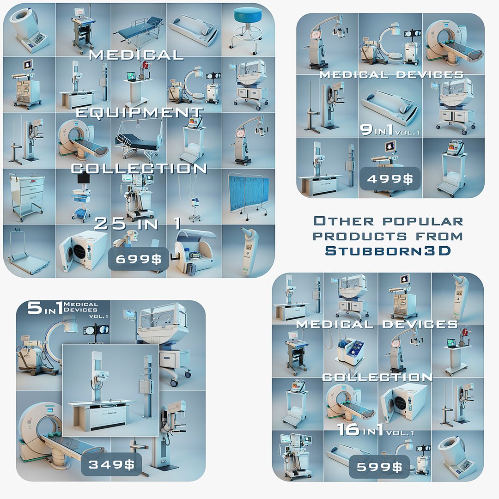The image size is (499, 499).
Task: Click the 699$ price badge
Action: pos(138,259)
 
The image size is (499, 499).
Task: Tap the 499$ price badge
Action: pos(389,179)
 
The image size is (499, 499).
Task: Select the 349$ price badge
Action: pos(111,464)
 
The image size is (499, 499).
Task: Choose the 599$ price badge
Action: pos(379,467)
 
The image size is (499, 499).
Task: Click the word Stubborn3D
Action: pos(388,250)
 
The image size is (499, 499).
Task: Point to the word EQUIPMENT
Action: pos(139,113)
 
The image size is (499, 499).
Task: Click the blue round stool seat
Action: pos(248,17)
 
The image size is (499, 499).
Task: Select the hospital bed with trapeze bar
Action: pos(137,139)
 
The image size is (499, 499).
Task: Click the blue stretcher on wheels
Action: pos(139,28)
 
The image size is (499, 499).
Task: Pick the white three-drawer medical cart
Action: pos(28,194)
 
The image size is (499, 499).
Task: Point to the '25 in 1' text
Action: pos(138,224)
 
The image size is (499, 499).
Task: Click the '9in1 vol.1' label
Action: pos(390,131)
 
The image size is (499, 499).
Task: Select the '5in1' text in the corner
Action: pos(43,309)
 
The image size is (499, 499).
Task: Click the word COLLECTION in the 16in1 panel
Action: pos(377,377)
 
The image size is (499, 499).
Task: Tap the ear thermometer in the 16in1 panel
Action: pos(457,296)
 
